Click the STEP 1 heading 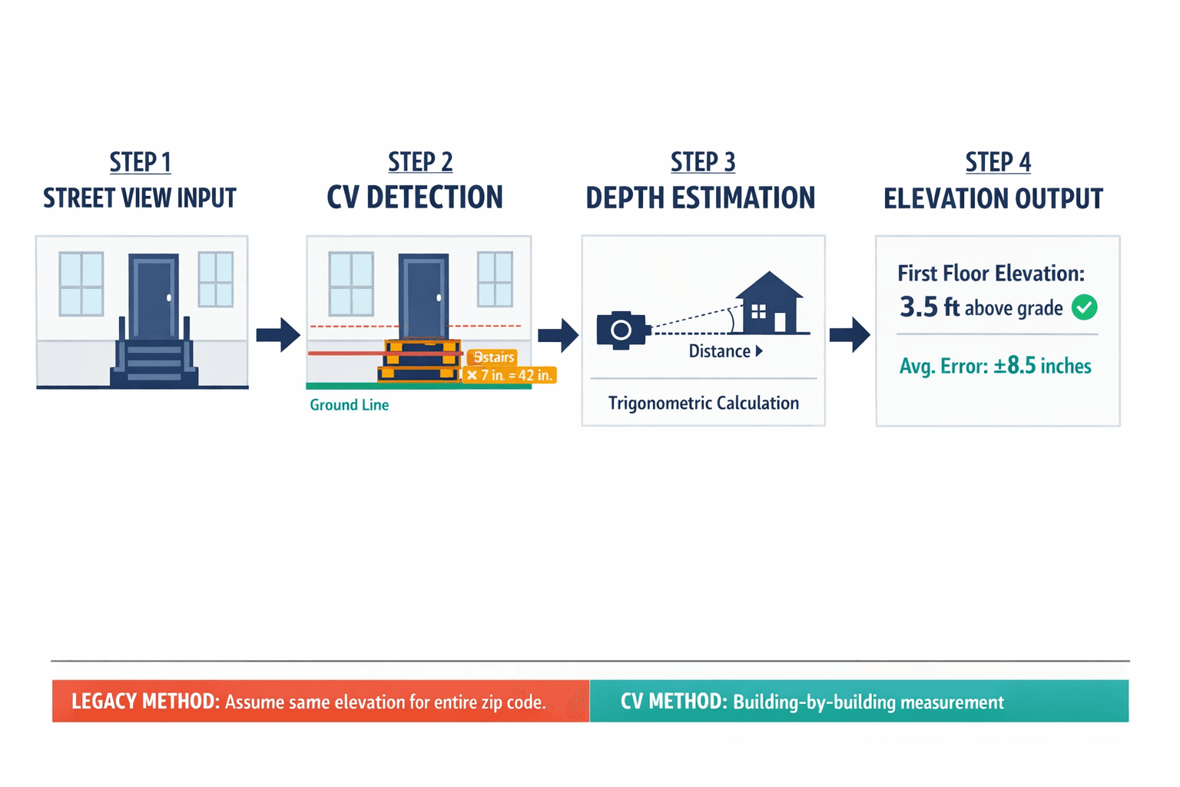pos(140,162)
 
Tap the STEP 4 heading pos(998,162)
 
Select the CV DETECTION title pos(415,198)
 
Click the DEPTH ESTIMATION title pos(701,198)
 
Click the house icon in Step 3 pos(770,304)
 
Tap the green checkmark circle pos(1084,307)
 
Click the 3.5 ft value pos(930,307)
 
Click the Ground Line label pos(349,405)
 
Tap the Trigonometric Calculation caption pos(703,403)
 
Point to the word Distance pos(719,351)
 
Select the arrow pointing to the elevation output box pos(850,334)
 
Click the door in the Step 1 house pos(154,296)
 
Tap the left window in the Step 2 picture pos(351,284)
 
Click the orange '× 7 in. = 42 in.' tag pos(509,375)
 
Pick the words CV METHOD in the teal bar pos(673,701)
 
